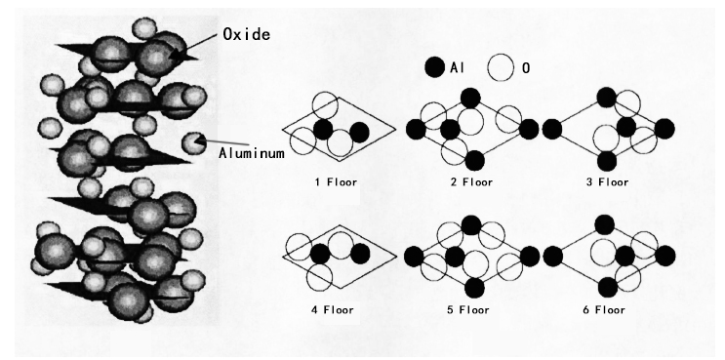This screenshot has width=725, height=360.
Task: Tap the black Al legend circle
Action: pyautogui.click(x=435, y=67)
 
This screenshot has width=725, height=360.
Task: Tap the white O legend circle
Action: pyautogui.click(x=501, y=68)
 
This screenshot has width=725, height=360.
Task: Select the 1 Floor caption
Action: pyautogui.click(x=338, y=181)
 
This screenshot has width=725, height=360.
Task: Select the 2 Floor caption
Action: pyautogui.click(x=471, y=181)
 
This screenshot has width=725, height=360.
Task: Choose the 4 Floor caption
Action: pyautogui.click(x=338, y=309)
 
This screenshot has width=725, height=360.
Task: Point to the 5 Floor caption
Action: pyautogui.click(x=471, y=309)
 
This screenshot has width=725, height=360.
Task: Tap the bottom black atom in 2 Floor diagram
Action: pyautogui.click(x=475, y=159)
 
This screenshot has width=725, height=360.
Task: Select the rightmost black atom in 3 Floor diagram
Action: pyautogui.click(x=665, y=128)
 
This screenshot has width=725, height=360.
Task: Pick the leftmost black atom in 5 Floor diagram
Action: pyautogui.click(x=413, y=257)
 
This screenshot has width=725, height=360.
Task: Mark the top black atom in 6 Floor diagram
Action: pyautogui.click(x=605, y=224)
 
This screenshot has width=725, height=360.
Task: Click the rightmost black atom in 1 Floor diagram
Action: pyautogui.click(x=359, y=131)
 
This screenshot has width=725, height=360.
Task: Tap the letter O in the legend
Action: pyautogui.click(x=527, y=68)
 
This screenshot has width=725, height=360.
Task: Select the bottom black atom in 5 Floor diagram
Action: pyautogui.click(x=474, y=288)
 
